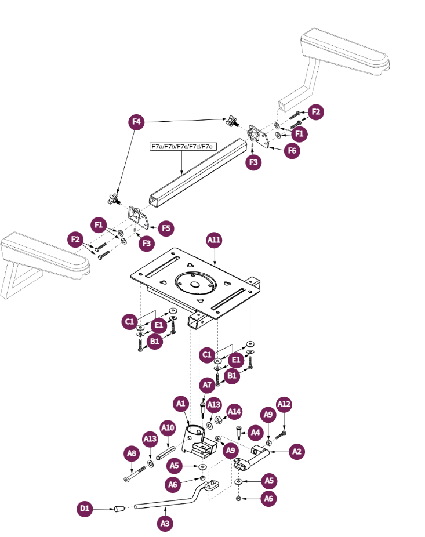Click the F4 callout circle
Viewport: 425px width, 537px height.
[136, 122]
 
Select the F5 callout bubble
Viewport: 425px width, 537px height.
[166, 228]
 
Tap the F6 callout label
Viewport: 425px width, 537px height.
[293, 151]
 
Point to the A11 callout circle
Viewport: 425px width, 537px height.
[215, 240]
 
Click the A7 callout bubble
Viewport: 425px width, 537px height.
[208, 384]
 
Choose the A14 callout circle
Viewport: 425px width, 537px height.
[234, 412]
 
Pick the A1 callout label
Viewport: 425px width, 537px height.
[181, 402]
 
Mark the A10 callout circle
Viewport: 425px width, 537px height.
[168, 429]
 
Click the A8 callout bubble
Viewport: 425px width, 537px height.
[132, 453]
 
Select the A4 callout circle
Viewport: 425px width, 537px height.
[256, 432]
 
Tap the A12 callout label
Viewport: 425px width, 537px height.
[284, 404]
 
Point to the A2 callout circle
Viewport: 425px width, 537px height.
[297, 451]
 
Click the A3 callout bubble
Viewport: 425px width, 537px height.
[165, 523]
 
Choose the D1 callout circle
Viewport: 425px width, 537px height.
[85, 509]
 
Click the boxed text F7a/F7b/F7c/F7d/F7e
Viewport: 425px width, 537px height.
[183, 147]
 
